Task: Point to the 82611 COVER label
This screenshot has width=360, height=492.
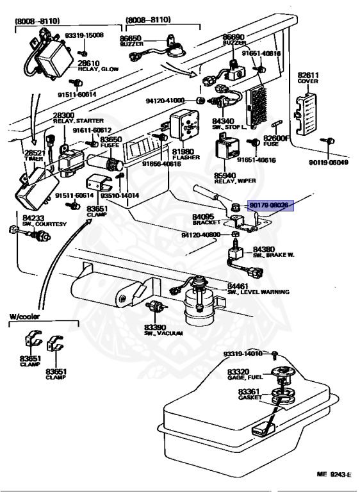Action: point(308,78)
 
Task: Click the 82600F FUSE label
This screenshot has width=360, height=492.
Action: point(277,141)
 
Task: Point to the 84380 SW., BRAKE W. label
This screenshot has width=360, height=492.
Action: point(272,252)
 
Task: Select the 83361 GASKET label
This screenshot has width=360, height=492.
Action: point(248,395)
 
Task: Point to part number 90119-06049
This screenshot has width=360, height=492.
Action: point(331,162)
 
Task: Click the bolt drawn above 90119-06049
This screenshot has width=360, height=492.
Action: point(331,140)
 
